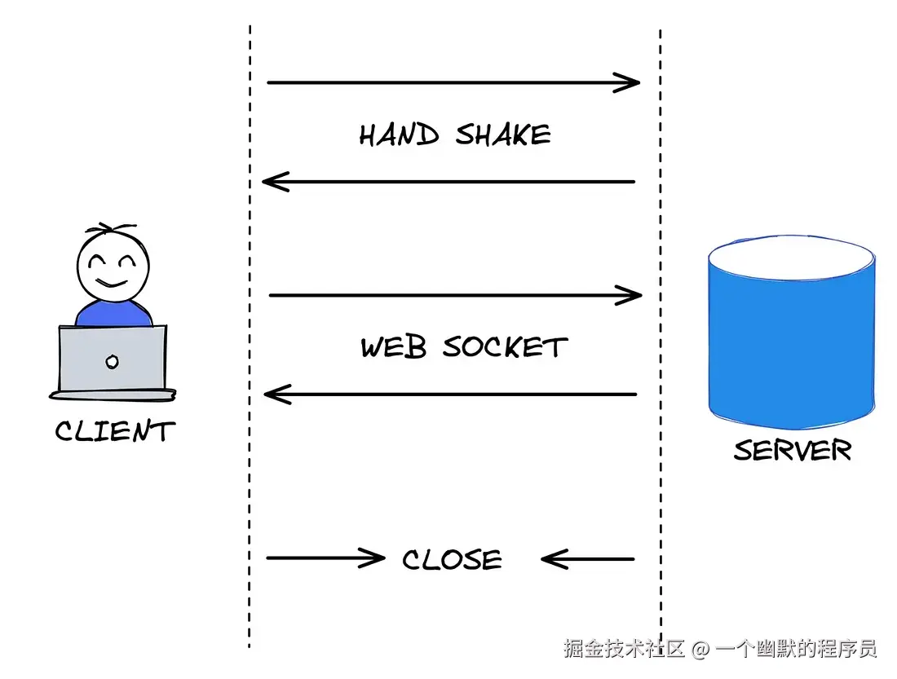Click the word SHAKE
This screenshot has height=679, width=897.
(x=502, y=135)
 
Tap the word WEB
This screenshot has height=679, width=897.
(x=394, y=348)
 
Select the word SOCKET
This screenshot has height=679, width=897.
(x=505, y=348)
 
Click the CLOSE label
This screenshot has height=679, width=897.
(x=452, y=560)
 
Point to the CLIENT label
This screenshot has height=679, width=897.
(x=115, y=431)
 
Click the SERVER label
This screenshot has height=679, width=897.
(x=792, y=451)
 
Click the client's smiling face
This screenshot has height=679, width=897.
(x=113, y=264)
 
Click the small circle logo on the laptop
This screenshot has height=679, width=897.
(x=113, y=361)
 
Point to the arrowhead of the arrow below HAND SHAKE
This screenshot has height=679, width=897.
(x=274, y=181)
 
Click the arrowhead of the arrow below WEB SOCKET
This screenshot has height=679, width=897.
(x=276, y=395)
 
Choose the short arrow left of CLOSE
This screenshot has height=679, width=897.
(x=325, y=558)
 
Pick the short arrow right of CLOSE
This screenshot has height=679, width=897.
(x=587, y=559)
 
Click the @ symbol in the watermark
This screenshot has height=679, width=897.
(x=700, y=650)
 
